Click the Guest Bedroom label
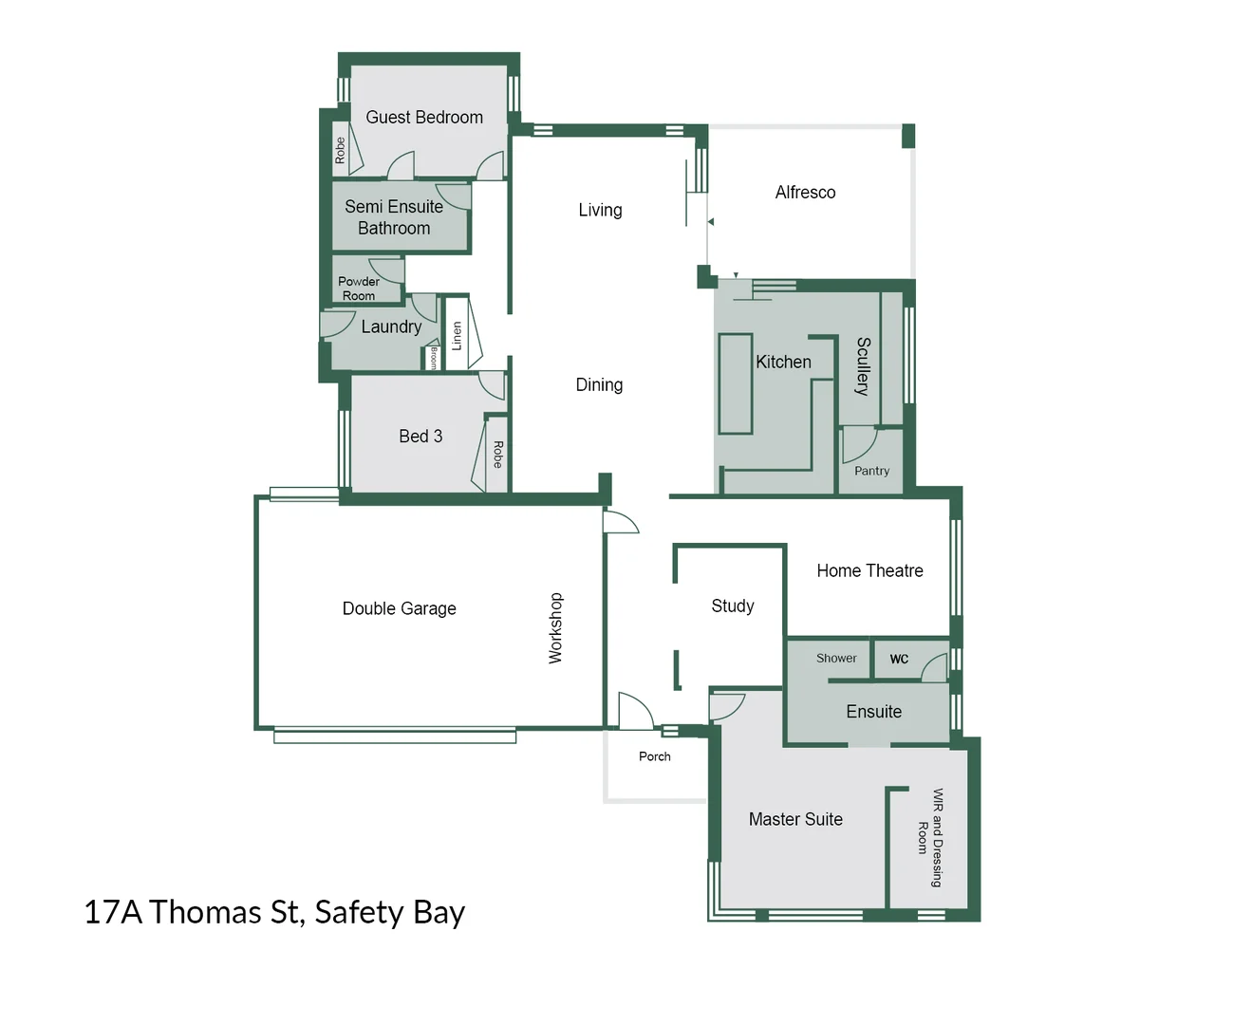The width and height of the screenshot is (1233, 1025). [424, 118]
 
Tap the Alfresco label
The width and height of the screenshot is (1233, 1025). [805, 193]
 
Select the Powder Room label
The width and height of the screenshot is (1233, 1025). [359, 289]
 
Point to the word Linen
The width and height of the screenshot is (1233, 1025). [457, 335]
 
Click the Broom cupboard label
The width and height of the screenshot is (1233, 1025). [434, 358]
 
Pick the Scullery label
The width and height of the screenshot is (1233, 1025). [862, 365]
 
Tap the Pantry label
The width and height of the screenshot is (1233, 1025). [871, 471]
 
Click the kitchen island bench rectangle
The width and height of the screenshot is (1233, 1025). [735, 383]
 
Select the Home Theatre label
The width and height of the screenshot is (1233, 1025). [869, 570]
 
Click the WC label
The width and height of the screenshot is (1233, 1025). [899, 659]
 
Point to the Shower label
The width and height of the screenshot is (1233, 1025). [836, 658]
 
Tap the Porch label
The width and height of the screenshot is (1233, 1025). [654, 756]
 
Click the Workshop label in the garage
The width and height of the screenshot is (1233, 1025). [555, 627]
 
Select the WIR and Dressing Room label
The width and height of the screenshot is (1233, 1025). [930, 838]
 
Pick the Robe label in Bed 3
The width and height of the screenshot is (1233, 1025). [497, 455]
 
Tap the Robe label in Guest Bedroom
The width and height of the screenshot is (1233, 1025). [340, 150]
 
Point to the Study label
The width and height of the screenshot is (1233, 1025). [732, 606]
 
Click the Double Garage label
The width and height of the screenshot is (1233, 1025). [399, 608]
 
